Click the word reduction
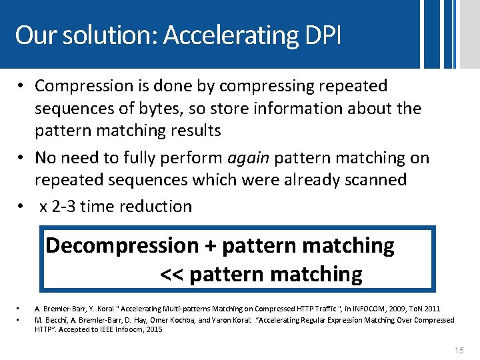pos(156,207)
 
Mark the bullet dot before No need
pos(22,158)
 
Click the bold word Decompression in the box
pos(122,245)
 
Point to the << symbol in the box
pos(173,274)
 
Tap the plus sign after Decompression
pos(210,245)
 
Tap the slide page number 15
pos(458,350)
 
